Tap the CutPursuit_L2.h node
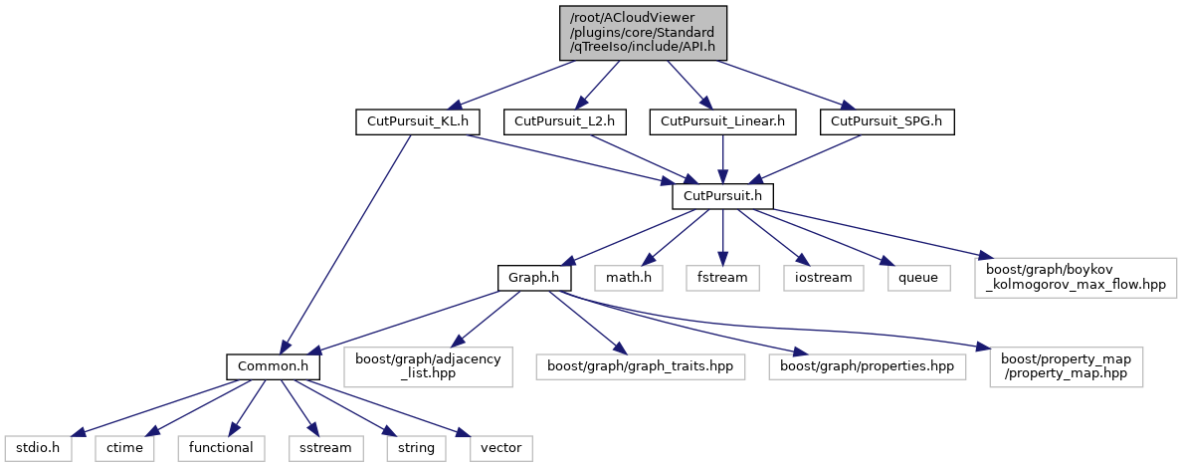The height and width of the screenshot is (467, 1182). pyautogui.click(x=564, y=122)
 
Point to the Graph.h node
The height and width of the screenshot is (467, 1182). pyautogui.click(x=534, y=277)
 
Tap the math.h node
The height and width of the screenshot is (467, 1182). pyautogui.click(x=629, y=277)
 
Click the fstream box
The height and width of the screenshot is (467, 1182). pyautogui.click(x=722, y=277)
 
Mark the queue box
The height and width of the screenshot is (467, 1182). pyautogui.click(x=917, y=277)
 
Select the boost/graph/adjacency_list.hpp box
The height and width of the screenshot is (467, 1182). pyautogui.click(x=428, y=366)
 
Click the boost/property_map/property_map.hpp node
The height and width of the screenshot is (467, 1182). pyautogui.click(x=1067, y=366)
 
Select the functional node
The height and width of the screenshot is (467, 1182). pyautogui.click(x=222, y=447)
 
